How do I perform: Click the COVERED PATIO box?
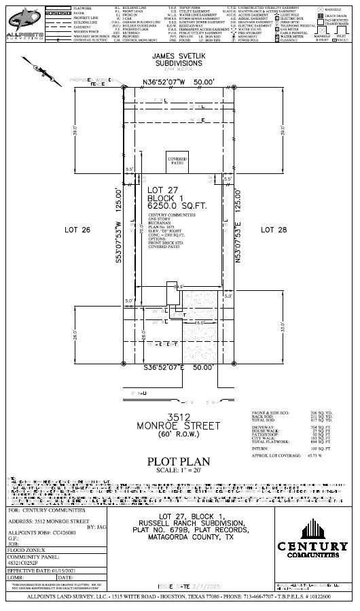coord(177,161)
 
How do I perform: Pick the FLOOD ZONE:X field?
coord(27,544)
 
